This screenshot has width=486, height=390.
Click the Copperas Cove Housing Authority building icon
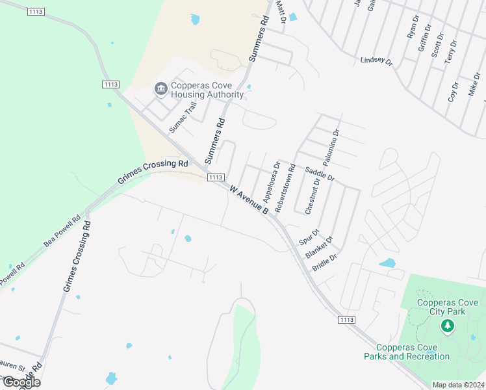tap(160, 88)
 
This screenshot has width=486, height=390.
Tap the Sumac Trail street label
tap(183, 117)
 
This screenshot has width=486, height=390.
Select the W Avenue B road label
tap(249, 200)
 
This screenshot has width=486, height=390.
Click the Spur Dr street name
tap(309, 237)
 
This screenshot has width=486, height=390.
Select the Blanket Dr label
tap(319, 247)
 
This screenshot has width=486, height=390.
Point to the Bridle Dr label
tap(325, 263)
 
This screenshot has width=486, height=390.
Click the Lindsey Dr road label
tap(377, 61)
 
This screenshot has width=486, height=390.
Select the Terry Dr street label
tap(450, 51)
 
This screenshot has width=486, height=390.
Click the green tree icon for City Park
tap(446, 325)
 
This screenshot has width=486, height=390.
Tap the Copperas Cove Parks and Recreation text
tap(407, 352)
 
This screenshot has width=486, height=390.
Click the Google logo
tap(21, 382)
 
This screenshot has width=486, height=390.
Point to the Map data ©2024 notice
tap(459, 385)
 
